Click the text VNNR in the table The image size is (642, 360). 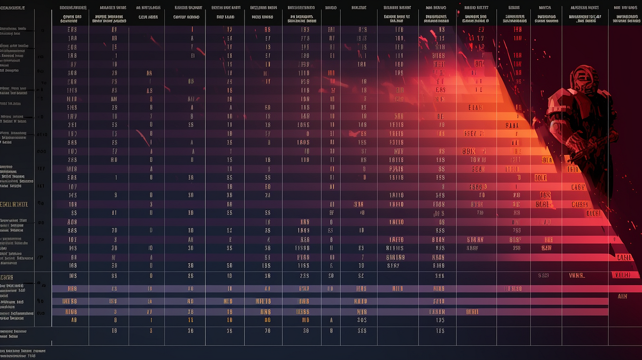coord(577,275)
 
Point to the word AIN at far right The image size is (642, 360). coord(622,296)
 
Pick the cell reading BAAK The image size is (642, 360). coord(512,125)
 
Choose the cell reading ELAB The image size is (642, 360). coord(475,108)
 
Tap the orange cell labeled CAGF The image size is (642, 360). coord(578,187)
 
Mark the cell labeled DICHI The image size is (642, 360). coord(593,212)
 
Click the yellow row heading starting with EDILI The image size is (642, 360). coord(14,204)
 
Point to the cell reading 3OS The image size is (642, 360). coord(362,320)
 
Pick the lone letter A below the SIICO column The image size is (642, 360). coord(331,320)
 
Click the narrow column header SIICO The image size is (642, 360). coord(331,8)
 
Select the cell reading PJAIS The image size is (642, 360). coord(396,168)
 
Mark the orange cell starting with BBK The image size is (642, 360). coord(469,151)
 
